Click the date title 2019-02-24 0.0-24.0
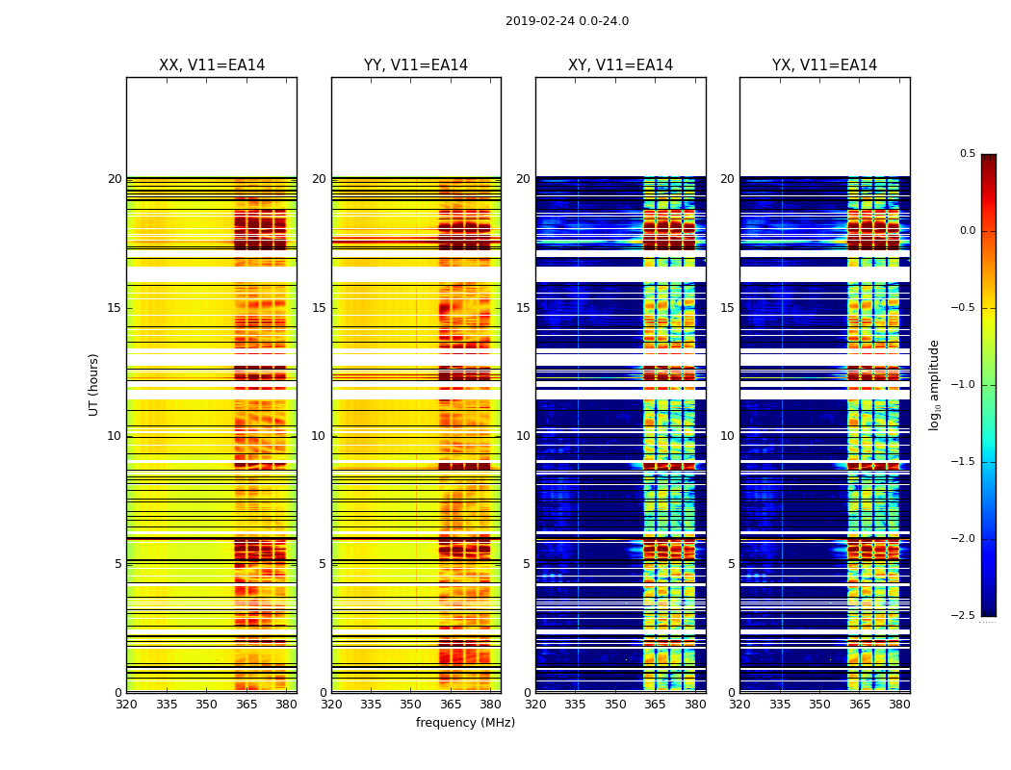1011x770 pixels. pos(566,21)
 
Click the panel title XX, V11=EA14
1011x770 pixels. pos(212,65)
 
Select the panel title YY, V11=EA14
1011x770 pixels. pos(416,65)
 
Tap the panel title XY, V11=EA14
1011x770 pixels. pos(620,65)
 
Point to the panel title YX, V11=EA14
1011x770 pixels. pos(824,65)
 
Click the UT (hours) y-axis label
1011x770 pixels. pos(93,384)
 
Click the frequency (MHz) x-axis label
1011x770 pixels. pos(465,723)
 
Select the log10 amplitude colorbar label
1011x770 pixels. pos(934,384)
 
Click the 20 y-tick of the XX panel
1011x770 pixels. pos(115,179)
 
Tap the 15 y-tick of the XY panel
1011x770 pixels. pos(523,308)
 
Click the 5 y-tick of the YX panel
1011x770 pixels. pos(731,564)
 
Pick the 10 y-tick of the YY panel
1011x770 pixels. pos(319,436)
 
